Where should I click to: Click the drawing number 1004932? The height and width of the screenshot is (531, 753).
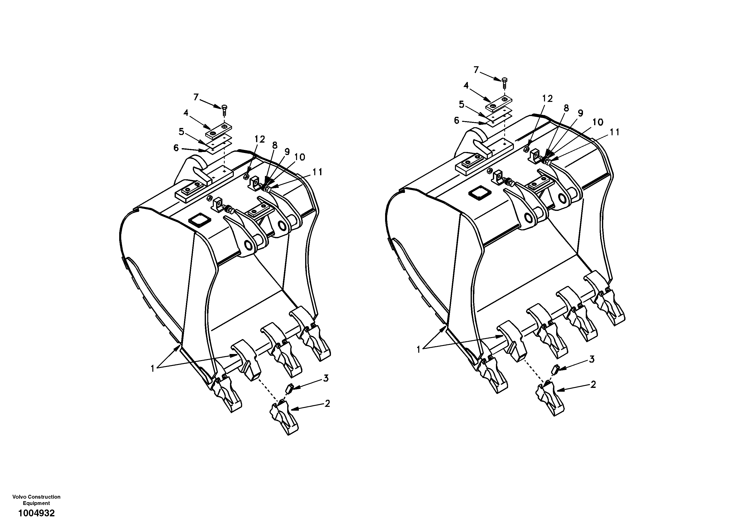tap(36, 513)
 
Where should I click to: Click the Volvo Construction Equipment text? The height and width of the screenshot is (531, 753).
tap(36, 500)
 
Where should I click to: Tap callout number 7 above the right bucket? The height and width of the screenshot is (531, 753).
tap(476, 70)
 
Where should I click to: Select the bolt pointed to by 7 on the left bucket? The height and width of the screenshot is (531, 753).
tap(225, 109)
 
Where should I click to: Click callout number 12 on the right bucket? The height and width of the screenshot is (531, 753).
tap(547, 98)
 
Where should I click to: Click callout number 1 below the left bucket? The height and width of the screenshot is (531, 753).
tap(153, 369)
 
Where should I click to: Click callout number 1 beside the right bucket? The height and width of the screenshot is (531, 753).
tap(418, 350)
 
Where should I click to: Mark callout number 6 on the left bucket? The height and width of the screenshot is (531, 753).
tap(176, 148)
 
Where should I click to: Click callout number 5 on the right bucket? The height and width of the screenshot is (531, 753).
tap(462, 105)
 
